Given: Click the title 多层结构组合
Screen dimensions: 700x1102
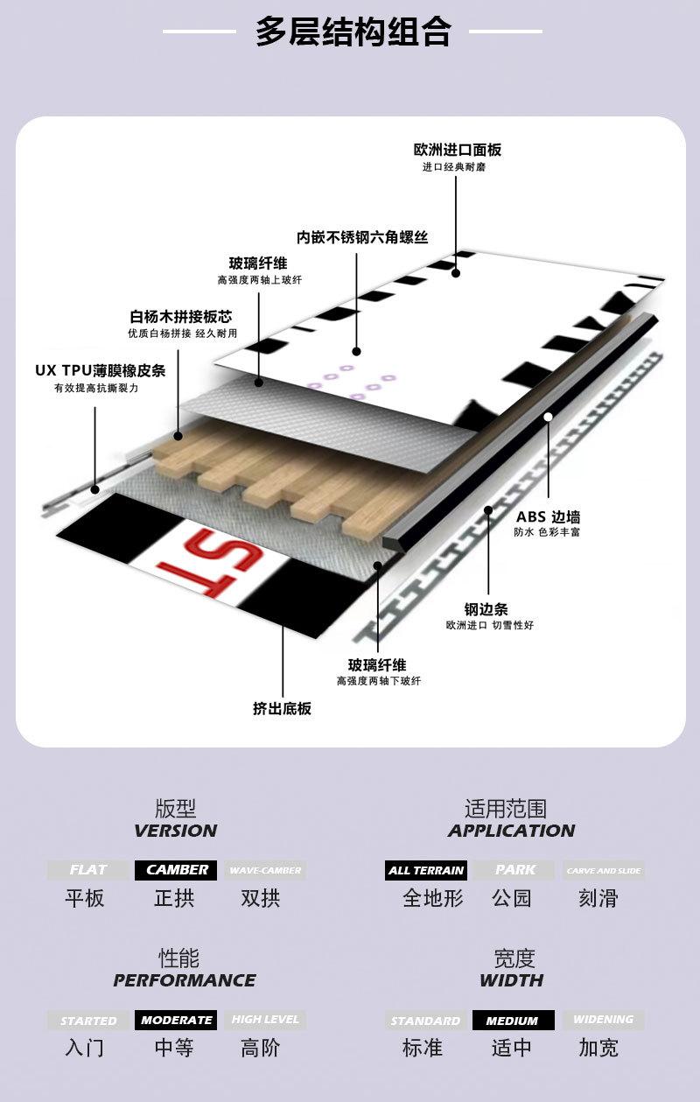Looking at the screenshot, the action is [353, 32].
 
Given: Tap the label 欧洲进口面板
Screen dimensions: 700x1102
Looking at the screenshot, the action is [458, 150].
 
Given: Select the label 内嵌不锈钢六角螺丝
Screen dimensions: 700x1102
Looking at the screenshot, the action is [361, 237].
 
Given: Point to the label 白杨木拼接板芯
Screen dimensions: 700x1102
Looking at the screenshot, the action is [181, 316].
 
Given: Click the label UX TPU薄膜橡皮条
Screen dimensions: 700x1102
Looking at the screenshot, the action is [100, 370].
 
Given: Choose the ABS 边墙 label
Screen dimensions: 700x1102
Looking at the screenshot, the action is [548, 517].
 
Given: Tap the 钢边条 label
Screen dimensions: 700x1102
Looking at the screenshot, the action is [486, 609].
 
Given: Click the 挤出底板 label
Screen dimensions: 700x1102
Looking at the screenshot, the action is [282, 708].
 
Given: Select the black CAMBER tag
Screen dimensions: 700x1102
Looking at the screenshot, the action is [176, 870].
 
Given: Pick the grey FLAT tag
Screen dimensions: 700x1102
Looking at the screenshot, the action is [87, 870].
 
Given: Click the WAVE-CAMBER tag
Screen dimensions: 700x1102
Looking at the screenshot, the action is [264, 870].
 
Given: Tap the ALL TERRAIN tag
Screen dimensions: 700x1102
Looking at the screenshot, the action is [426, 870].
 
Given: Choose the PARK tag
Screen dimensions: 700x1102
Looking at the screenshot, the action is [514, 870].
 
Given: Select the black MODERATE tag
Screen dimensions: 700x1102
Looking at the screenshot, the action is [176, 1020].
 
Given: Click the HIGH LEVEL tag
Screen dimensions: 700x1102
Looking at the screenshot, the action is [264, 1020].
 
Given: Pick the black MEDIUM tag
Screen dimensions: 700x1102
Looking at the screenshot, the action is [513, 1021].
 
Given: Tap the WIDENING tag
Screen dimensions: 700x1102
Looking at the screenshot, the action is [603, 1020].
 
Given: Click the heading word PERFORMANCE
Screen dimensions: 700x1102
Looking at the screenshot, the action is [185, 980].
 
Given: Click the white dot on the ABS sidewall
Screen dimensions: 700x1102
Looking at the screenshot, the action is [548, 418].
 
